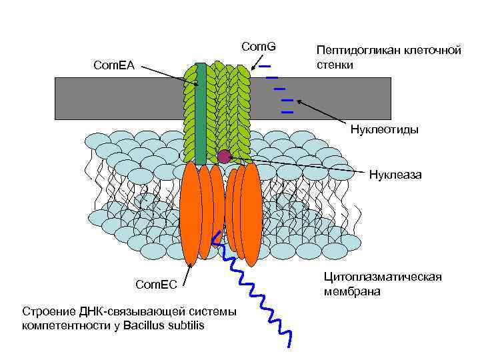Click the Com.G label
(258, 47)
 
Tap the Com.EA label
(113, 65)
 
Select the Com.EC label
(156, 285)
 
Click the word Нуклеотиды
(385, 129)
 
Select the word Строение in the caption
(49, 312)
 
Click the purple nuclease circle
(224, 157)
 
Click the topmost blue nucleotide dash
(265, 66)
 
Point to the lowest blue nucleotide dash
(288, 112)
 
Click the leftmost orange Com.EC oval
(191, 213)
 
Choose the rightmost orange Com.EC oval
(251, 213)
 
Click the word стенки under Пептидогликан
(335, 65)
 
